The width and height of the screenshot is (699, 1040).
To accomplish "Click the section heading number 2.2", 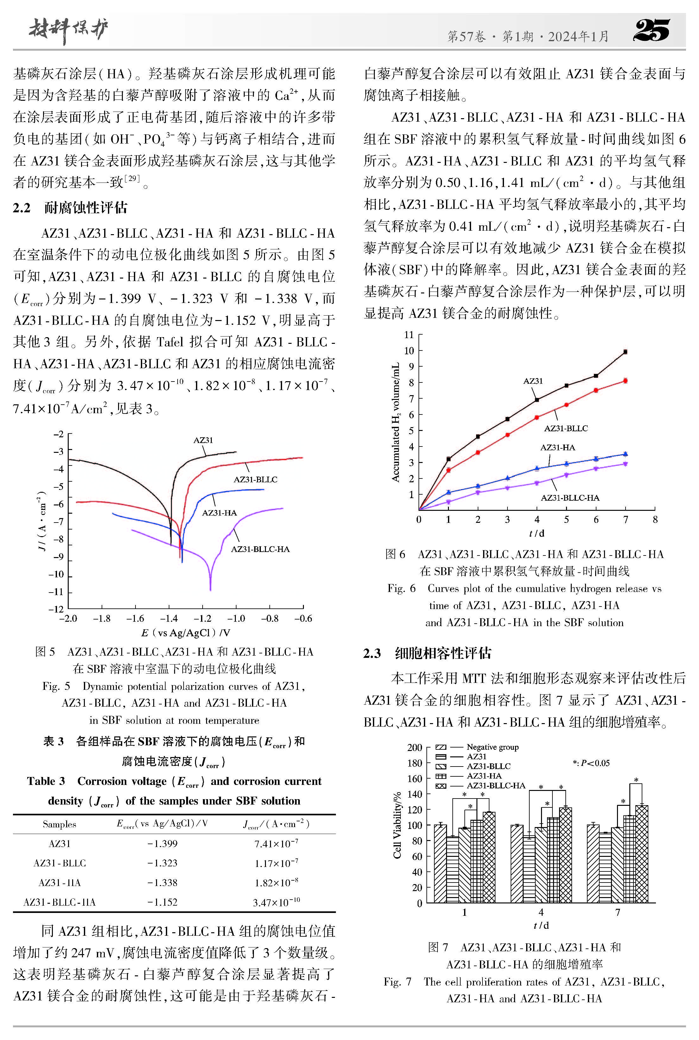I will (x=22, y=208).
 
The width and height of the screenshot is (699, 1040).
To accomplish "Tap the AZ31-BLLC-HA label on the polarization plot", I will (x=260, y=549).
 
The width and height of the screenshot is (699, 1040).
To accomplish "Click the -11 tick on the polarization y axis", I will (x=57, y=592).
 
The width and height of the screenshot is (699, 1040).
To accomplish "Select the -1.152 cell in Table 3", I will (x=162, y=902).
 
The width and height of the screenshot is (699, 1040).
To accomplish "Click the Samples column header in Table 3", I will (x=59, y=824).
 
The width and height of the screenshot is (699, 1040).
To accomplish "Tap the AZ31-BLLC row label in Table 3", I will (x=59, y=863).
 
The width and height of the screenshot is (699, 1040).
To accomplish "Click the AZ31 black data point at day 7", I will (x=626, y=352).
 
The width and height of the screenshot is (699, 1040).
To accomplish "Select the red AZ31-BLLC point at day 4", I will (x=537, y=418).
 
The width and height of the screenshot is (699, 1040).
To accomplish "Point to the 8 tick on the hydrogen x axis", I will (x=655, y=519).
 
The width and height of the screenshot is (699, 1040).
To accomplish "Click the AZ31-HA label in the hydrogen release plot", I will (x=558, y=447).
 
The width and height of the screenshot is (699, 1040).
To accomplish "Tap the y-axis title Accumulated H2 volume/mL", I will (x=395, y=422).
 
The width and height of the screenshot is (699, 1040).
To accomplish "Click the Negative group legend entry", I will (x=492, y=747).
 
